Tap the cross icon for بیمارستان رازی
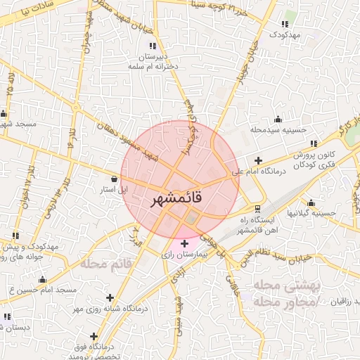[184, 243]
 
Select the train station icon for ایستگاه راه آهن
[258, 209]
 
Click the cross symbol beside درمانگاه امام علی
[259, 161]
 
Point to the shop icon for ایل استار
[115, 179]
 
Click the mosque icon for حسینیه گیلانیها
[324, 202]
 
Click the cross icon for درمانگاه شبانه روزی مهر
[110, 297]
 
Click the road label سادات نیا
[28, 12]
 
